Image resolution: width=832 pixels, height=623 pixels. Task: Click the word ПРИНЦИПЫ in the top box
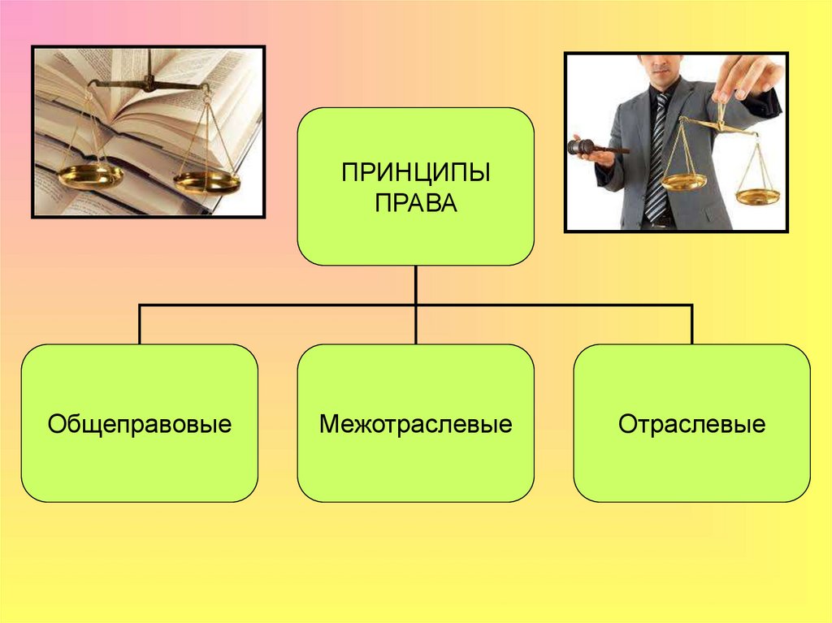415,173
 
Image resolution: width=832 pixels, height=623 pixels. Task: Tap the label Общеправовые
140,424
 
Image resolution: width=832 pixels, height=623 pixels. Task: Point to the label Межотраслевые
415,424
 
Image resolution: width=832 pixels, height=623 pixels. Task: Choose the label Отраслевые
691,424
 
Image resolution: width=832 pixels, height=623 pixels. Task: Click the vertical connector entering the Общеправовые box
140,325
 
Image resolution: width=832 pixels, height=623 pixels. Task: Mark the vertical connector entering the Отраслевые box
691,325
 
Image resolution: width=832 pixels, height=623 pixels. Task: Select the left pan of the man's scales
683,182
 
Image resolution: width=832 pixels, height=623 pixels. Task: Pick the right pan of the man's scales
757,196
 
